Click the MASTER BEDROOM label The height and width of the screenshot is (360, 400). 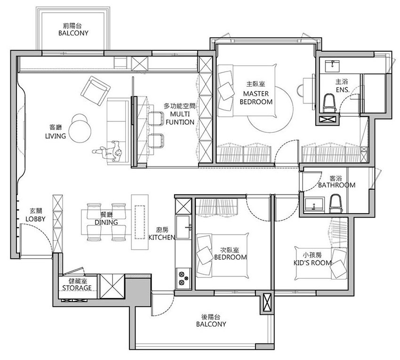(256, 97)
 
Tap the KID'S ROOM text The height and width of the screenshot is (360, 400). (312, 263)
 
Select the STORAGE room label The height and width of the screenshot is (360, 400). (77, 288)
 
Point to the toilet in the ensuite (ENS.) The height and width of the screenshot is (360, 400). (329, 103)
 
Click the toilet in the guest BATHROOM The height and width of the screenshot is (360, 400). (335, 203)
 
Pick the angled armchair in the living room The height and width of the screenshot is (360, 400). (96, 90)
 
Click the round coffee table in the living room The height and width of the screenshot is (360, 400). (80, 131)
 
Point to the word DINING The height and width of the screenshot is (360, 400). (106, 222)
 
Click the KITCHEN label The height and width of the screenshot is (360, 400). (162, 237)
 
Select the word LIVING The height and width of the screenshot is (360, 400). (56, 136)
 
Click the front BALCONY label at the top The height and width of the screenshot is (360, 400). (73, 33)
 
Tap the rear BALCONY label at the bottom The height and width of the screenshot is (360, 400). (211, 324)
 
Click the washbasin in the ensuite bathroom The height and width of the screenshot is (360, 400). (332, 66)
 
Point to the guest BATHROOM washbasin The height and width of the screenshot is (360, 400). (314, 204)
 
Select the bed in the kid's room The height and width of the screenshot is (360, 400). (321, 264)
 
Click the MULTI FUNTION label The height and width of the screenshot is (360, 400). (180, 118)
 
